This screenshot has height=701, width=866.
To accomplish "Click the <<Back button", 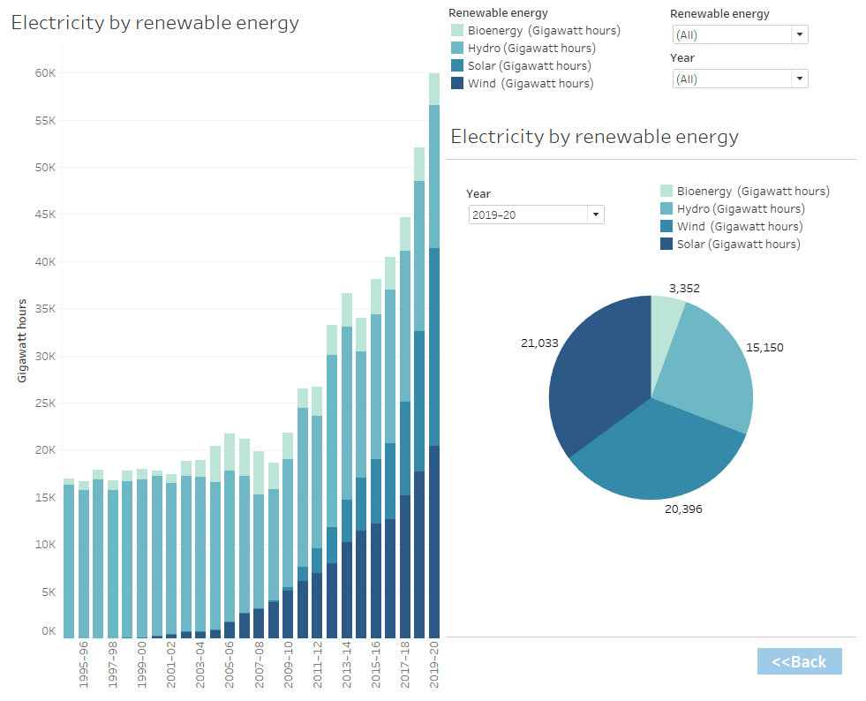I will pyautogui.click(x=799, y=661).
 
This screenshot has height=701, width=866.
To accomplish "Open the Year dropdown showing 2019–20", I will pyautogui.click(x=536, y=215).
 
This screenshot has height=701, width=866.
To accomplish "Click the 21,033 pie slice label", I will pyautogui.click(x=539, y=343).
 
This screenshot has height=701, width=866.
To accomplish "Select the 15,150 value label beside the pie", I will pyautogui.click(x=764, y=347).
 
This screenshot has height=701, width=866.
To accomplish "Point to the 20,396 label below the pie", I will pyautogui.click(x=683, y=509).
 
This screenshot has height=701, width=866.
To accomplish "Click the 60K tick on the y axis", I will pyautogui.click(x=45, y=73).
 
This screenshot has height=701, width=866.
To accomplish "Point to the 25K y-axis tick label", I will pyautogui.click(x=45, y=403).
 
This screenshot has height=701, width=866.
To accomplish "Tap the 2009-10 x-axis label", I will pyautogui.click(x=288, y=663).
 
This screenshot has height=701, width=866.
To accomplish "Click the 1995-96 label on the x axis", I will pyautogui.click(x=83, y=663).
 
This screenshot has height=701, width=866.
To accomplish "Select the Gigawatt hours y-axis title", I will pyautogui.click(x=22, y=340).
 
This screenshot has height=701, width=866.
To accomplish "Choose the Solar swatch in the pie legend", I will pyautogui.click(x=666, y=245).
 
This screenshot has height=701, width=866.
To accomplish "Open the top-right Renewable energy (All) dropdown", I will pyautogui.click(x=740, y=34).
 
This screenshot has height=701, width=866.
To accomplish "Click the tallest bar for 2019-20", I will pyautogui.click(x=433, y=353).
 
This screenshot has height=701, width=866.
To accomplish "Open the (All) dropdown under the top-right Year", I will pyautogui.click(x=740, y=79).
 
